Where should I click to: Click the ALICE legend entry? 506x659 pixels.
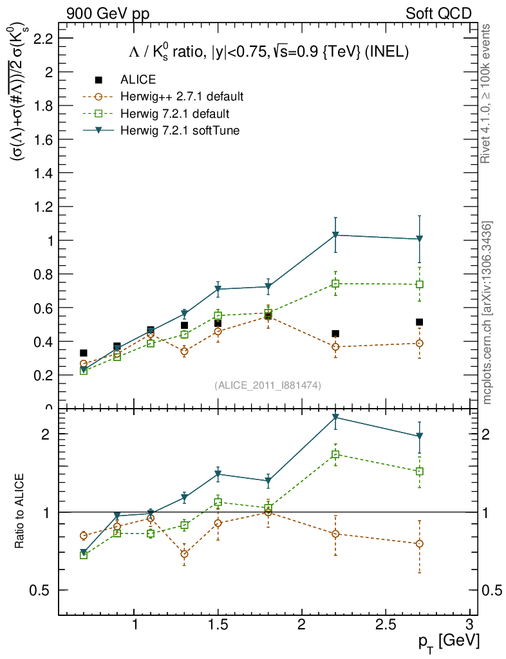coord(138,80)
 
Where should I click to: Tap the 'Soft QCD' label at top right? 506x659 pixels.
coord(438,14)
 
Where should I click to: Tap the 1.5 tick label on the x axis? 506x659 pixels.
coord(219,625)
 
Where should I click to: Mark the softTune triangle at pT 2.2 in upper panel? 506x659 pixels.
coord(335,236)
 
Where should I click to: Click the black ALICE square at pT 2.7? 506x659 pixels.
coord(419,322)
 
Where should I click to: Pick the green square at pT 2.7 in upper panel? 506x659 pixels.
coord(419,284)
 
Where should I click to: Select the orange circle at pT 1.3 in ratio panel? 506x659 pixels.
coord(185,553)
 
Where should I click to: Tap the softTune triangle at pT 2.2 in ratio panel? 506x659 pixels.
coord(335,418)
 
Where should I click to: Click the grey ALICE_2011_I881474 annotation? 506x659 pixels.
coord(268,385)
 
